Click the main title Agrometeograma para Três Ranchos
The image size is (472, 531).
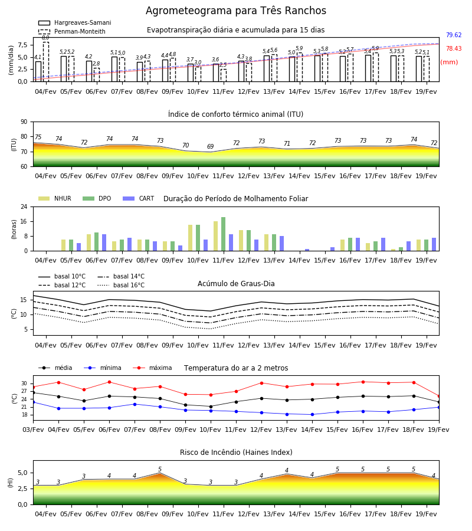click(x=236, y=11)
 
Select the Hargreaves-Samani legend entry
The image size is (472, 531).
click(x=75, y=22)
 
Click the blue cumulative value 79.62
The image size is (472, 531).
click(x=454, y=35)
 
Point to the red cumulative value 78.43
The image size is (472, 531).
click(x=454, y=49)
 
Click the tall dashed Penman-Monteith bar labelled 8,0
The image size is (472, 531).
click(x=46, y=61)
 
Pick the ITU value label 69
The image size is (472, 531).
click(x=210, y=146)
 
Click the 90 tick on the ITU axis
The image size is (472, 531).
click(x=24, y=122)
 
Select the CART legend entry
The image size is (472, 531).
click(x=139, y=198)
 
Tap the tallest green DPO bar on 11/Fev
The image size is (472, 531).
click(x=223, y=234)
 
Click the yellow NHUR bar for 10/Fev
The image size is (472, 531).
click(x=191, y=238)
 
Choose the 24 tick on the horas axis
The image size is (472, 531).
click(x=24, y=206)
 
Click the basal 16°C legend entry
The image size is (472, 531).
click(x=121, y=286)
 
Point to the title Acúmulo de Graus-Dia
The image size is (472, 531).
click(x=236, y=284)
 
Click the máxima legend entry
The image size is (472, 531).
click(x=152, y=368)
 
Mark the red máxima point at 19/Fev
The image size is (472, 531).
click(x=439, y=396)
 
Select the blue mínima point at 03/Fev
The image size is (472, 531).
click(x=33, y=402)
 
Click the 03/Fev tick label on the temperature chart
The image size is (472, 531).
click(x=33, y=430)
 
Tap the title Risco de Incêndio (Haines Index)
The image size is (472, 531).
click(x=236, y=453)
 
